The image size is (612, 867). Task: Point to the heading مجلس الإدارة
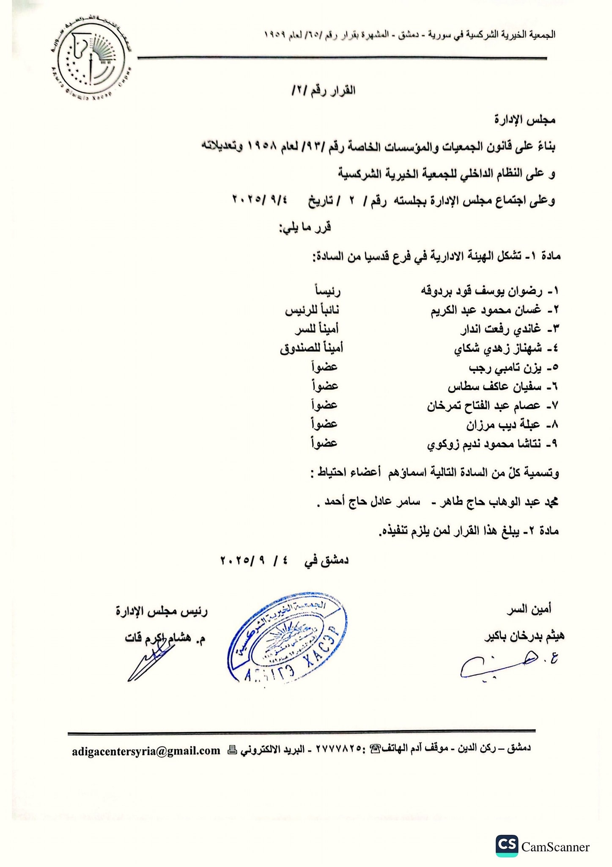(524, 120)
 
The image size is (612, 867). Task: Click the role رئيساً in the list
(328, 291)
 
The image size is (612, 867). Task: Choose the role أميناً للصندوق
(311, 348)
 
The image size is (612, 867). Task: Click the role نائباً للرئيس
(312, 310)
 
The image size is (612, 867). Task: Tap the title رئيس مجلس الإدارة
(162, 611)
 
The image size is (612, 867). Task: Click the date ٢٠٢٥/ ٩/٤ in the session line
(259, 199)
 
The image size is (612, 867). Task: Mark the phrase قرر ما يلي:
(305, 227)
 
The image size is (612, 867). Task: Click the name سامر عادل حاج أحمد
(372, 502)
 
